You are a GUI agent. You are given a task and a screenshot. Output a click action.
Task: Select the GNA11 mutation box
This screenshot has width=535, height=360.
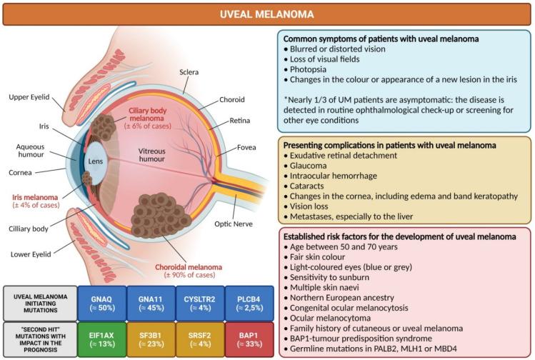pos(151,301)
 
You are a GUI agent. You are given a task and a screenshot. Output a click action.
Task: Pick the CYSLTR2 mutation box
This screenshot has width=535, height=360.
pos(200,301)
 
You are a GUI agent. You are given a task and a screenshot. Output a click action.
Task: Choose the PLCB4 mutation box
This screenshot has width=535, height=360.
pos(249,301)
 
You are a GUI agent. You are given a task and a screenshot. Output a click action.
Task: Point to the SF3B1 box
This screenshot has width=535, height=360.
pos(151,340)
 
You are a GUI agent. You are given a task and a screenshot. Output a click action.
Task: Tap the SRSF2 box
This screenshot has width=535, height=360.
pos(200,340)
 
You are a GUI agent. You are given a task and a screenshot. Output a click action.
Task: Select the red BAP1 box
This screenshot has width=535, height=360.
pos(249,340)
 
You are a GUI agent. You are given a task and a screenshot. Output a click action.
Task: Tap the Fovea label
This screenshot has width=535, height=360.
pos(247,149)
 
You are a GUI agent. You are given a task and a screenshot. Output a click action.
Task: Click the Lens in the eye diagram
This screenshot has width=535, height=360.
pos(96,161)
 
